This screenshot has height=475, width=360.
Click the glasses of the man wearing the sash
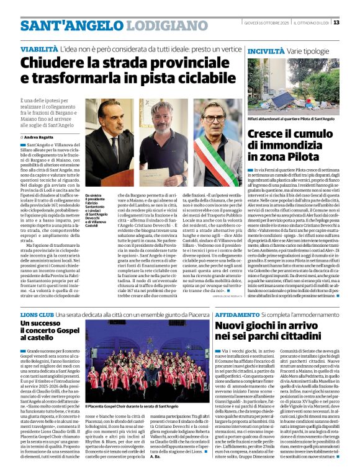(216, 118)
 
